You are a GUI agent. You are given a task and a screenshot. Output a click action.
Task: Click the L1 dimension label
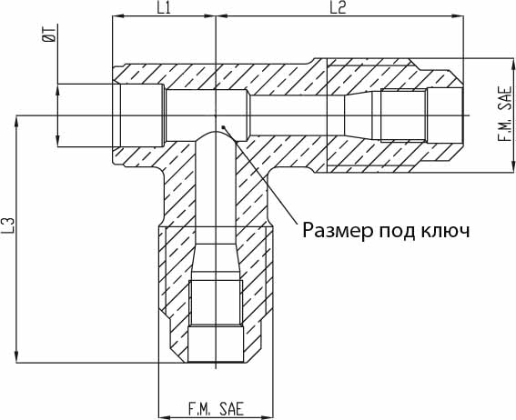point(164,8)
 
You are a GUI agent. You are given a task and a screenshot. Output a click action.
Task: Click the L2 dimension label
point(338,8)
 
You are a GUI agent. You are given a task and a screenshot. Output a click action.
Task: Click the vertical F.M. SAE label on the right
point(504,114)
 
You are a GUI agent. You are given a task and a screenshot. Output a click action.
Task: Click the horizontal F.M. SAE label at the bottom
point(216,409)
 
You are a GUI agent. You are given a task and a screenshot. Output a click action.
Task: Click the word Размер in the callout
point(339,231)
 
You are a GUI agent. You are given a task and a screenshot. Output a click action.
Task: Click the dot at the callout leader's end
point(223,127)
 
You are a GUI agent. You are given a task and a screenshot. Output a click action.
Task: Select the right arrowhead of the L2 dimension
point(458,15)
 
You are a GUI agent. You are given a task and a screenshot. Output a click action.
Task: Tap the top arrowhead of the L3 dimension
point(16,121)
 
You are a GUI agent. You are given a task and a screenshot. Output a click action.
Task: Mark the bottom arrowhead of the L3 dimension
point(16,357)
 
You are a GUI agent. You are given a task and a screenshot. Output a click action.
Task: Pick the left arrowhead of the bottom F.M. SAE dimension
point(164,417)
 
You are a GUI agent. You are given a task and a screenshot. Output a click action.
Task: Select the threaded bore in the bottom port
point(216,303)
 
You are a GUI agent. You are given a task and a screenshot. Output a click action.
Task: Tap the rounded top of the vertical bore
point(216,132)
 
